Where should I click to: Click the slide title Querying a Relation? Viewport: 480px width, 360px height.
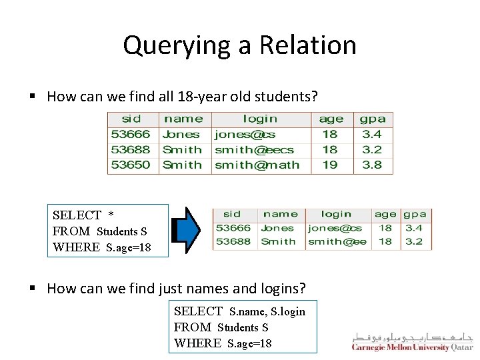(240, 45)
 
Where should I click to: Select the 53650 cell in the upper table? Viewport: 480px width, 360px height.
(131, 165)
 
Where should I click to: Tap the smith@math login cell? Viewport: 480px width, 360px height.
(257, 165)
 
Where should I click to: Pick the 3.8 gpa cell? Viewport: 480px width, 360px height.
(372, 165)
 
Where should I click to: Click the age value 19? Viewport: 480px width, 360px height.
(330, 165)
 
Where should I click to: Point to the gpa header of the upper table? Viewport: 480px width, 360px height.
(373, 119)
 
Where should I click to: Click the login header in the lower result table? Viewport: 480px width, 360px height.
(336, 214)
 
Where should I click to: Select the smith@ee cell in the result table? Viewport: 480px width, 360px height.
(337, 241)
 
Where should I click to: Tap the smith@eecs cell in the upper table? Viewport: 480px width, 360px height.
(255, 150)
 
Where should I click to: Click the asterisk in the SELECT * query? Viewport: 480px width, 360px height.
(111, 215)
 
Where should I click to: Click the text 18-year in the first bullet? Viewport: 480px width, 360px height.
(191, 97)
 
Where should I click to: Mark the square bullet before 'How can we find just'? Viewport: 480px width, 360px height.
(32, 289)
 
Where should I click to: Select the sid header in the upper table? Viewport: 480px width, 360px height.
(131, 119)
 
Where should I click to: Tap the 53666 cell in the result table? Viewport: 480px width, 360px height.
(233, 228)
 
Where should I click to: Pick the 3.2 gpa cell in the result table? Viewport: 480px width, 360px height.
(414, 241)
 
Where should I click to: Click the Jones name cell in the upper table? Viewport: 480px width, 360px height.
(181, 135)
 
